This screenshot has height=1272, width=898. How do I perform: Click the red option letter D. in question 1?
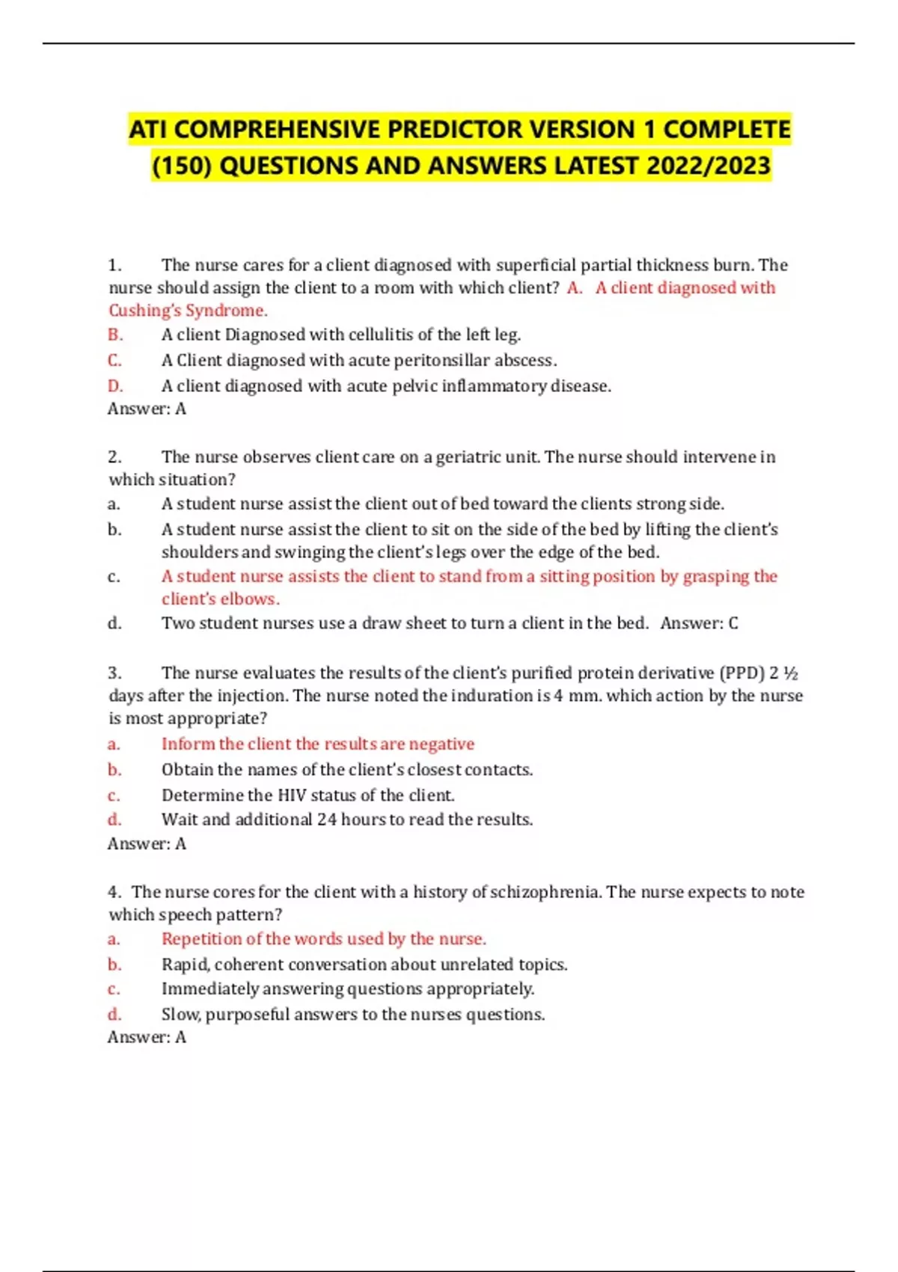click(x=115, y=386)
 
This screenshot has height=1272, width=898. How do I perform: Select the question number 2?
click(x=114, y=457)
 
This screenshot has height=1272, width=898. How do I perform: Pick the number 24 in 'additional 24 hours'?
click(x=326, y=820)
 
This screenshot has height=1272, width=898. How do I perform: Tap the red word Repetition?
click(x=201, y=939)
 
